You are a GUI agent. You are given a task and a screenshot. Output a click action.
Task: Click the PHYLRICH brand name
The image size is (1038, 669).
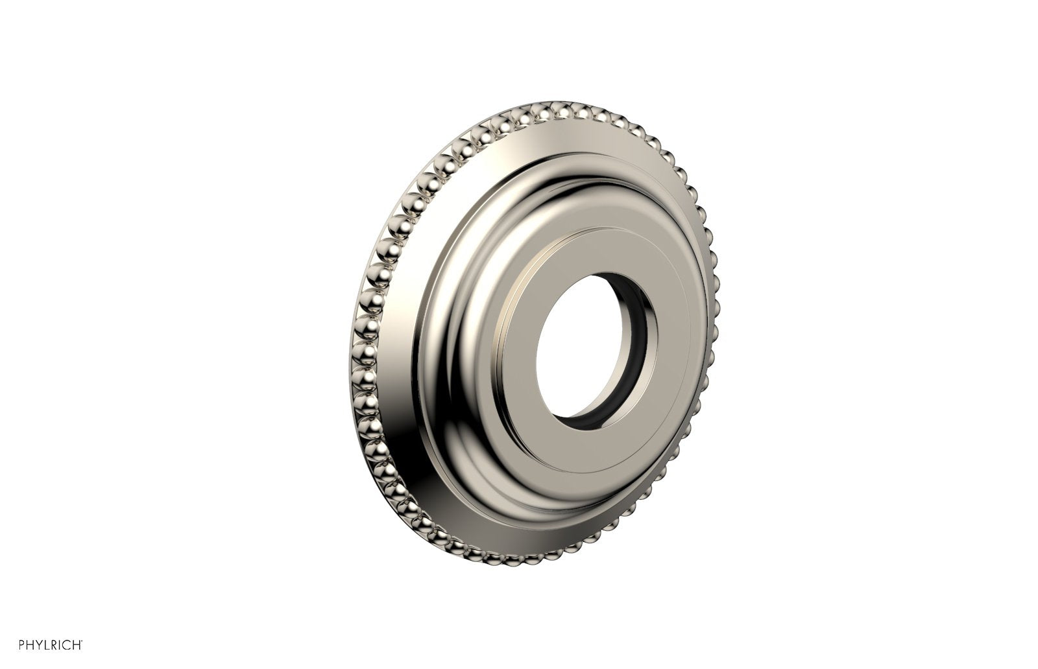pos(49,645)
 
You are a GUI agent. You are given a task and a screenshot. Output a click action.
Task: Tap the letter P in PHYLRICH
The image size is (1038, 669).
pos(21,645)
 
